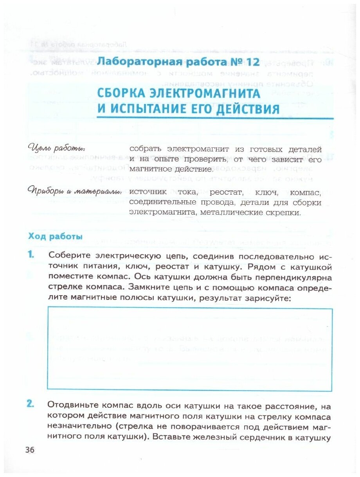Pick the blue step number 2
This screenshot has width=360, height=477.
[31, 405]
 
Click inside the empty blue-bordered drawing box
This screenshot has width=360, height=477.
[189, 349]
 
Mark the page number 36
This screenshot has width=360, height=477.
[30, 450]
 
